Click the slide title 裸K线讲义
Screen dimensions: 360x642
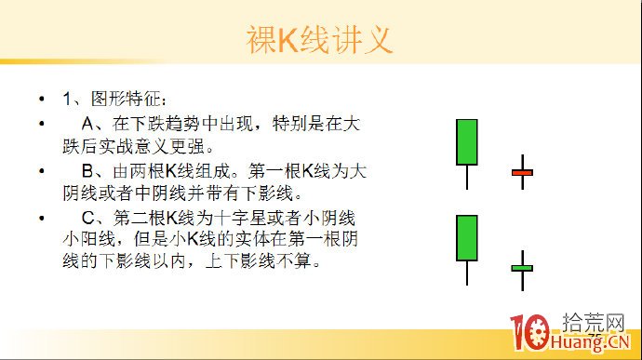(319, 40)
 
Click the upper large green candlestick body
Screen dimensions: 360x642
(467, 142)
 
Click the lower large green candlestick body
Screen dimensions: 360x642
(467, 238)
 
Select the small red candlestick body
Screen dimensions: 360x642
(522, 172)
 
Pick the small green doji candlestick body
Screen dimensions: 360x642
(522, 268)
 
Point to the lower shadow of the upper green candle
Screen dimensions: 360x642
(467, 178)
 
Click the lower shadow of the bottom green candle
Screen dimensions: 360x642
(467, 273)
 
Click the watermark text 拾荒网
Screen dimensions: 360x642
(593, 322)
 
